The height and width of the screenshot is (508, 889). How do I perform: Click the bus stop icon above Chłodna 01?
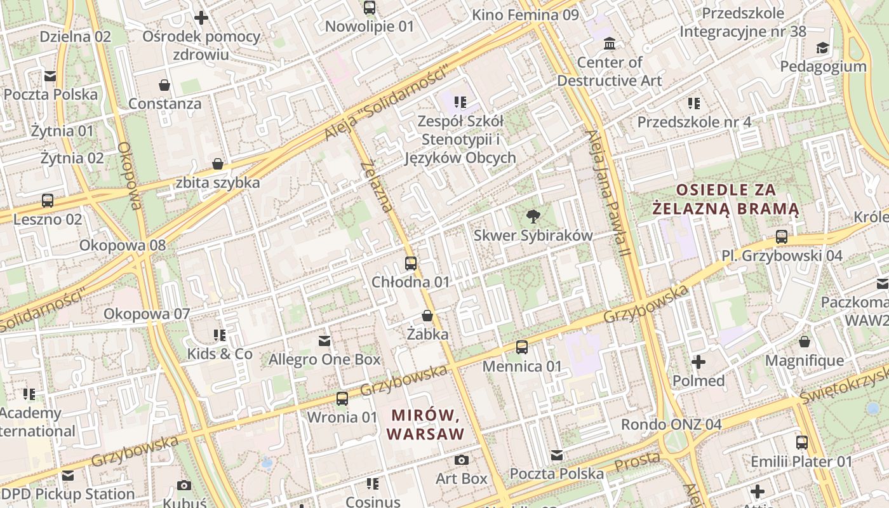[x=411, y=263]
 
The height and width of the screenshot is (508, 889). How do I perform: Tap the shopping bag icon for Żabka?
[x=427, y=316]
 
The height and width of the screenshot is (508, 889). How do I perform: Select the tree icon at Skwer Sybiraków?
[x=533, y=217]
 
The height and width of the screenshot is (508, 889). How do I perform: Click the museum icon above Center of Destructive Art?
[x=610, y=44]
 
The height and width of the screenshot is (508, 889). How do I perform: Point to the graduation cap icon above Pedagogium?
[x=822, y=48]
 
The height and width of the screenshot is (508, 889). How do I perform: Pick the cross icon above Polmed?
[x=698, y=362]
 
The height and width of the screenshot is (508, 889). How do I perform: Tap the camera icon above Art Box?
[x=462, y=460]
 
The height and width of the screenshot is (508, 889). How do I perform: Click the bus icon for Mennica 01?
[x=522, y=347]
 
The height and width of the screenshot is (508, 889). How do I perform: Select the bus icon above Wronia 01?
[x=342, y=399]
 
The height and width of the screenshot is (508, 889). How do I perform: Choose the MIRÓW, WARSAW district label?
[x=425, y=425]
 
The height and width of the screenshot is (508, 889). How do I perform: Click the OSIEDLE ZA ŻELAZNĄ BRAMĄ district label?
[x=726, y=199]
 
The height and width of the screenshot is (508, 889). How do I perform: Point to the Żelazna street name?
[x=376, y=186]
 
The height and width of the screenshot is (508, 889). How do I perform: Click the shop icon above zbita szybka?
[x=218, y=164]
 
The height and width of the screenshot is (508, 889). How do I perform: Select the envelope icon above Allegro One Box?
[x=324, y=341]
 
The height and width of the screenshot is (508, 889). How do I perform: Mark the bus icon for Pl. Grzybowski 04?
[x=782, y=237]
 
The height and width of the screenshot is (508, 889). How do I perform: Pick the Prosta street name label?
[x=637, y=462]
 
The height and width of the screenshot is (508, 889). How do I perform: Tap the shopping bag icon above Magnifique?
[x=805, y=342]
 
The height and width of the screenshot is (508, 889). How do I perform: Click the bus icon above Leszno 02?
[x=48, y=201]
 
